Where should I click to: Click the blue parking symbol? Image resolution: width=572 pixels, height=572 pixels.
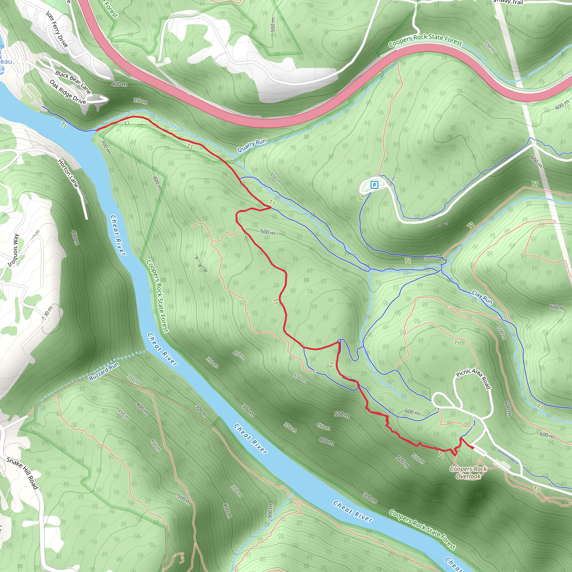[x=375, y=185]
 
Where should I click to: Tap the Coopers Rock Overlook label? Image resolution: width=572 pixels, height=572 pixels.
[x=468, y=473]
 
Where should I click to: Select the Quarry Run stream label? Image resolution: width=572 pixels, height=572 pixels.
[x=252, y=145]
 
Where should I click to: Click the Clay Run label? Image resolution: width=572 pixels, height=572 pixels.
[x=482, y=297]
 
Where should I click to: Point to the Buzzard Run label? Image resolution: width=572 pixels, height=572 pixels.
[x=104, y=371]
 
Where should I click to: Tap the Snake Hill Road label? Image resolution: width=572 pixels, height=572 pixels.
[x=23, y=473]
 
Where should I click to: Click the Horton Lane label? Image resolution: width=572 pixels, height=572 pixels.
[x=68, y=173]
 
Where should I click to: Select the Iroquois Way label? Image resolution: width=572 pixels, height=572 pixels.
[x=13, y=250]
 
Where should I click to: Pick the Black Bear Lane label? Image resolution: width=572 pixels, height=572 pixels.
[x=73, y=82]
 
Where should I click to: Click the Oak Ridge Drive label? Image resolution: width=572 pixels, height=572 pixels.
[x=68, y=92]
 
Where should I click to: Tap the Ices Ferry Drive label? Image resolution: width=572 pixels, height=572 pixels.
[x=57, y=29]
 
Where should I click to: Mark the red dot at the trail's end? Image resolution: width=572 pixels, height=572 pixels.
[x=473, y=448]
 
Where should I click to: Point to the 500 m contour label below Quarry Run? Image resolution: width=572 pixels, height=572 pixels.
[x=268, y=232]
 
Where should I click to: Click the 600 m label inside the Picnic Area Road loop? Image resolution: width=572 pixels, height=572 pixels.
[x=412, y=412]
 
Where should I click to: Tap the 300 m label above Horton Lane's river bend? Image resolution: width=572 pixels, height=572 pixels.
[x=106, y=147]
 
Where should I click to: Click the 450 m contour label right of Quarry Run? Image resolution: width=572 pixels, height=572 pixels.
[x=275, y=178]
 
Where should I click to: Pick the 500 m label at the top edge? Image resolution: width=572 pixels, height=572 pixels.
[x=273, y=25]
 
